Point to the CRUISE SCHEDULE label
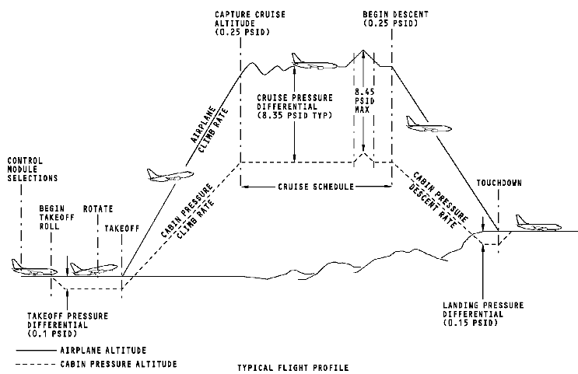pos(315,187)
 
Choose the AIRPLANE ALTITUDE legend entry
pos(103,350)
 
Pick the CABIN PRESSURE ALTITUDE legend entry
pos(117,363)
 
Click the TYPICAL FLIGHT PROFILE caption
pos(293,366)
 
